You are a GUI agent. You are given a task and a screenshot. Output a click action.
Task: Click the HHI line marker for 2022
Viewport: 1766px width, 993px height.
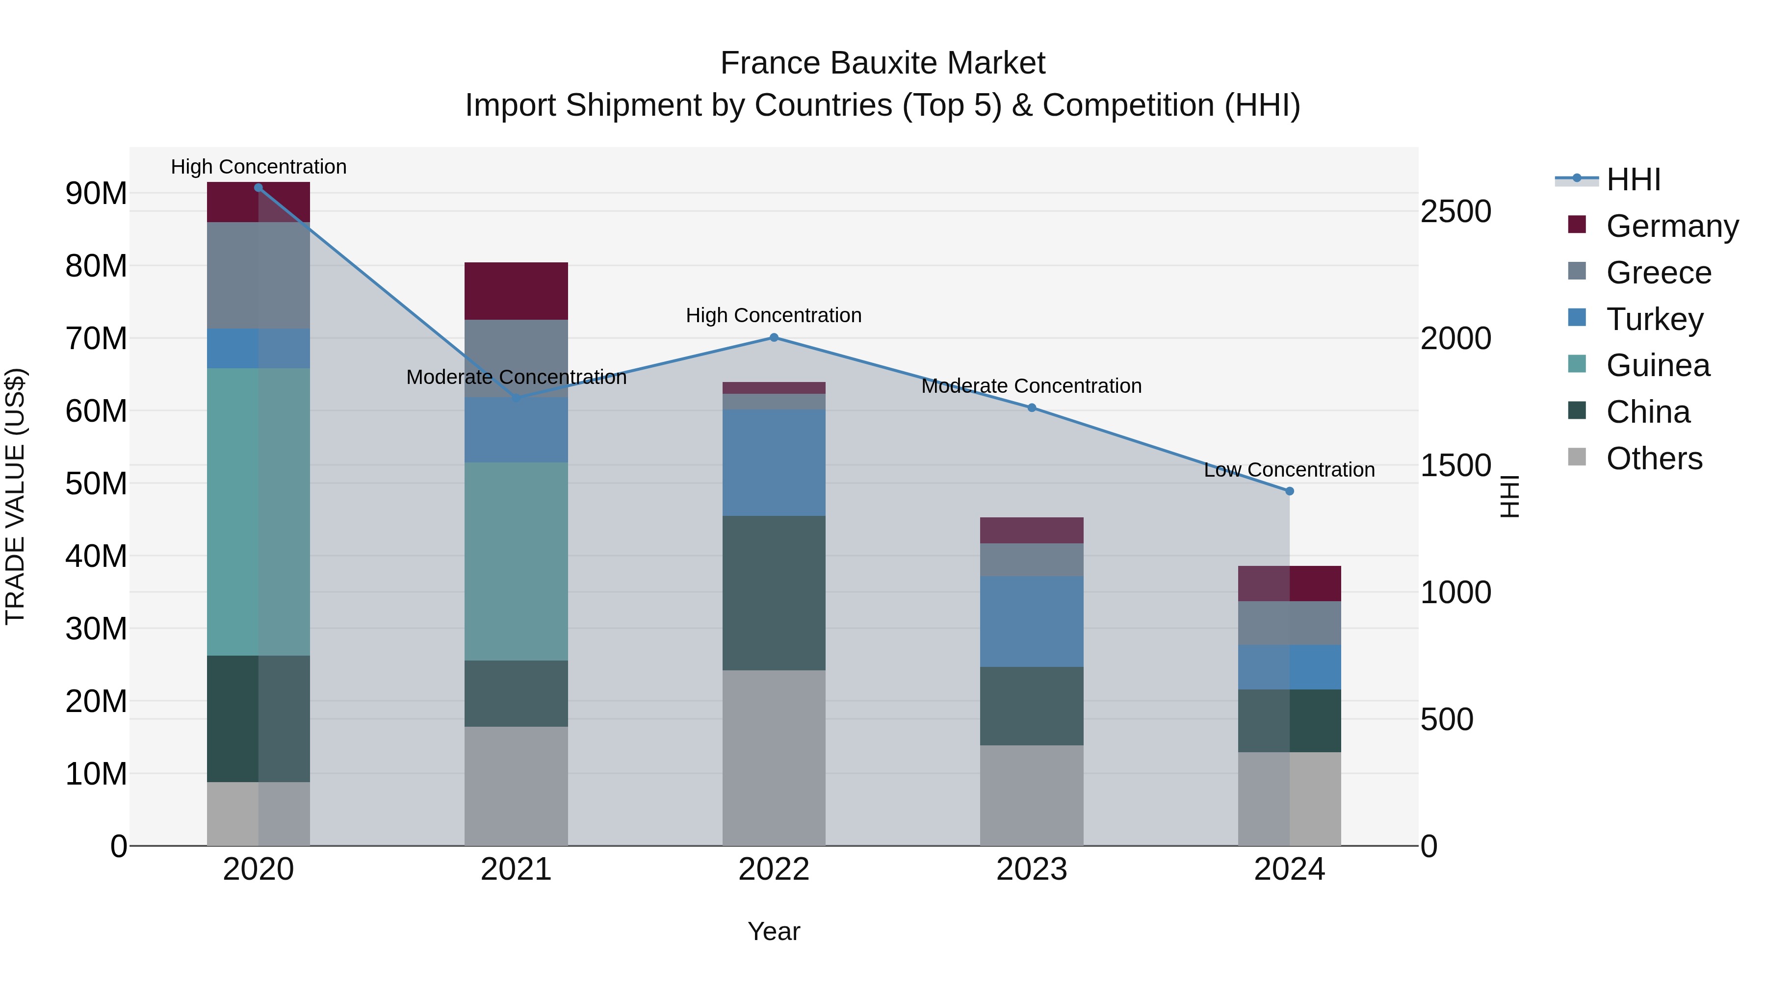click(x=774, y=337)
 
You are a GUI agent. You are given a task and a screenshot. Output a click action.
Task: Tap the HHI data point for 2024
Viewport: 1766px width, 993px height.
click(x=1290, y=491)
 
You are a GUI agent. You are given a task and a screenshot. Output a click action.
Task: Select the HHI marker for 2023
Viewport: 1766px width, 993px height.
click(x=1032, y=408)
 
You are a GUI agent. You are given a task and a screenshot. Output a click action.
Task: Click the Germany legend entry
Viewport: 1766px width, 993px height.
click(x=1671, y=226)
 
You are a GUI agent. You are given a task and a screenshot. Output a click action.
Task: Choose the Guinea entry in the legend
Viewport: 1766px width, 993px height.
click(x=1657, y=365)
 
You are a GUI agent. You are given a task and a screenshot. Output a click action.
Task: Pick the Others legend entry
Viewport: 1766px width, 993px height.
click(x=1654, y=458)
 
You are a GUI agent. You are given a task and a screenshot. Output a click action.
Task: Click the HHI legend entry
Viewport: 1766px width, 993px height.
click(x=1633, y=179)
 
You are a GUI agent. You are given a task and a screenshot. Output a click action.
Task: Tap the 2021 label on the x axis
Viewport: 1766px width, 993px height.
click(x=516, y=869)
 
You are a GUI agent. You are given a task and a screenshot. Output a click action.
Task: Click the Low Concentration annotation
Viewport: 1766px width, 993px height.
click(x=1290, y=470)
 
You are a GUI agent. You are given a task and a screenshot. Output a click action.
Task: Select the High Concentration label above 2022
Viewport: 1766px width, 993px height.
click(x=774, y=315)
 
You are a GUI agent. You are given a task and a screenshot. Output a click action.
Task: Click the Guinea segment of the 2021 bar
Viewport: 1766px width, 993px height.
click(x=516, y=561)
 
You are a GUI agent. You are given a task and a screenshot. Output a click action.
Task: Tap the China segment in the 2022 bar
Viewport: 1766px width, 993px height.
click(x=774, y=593)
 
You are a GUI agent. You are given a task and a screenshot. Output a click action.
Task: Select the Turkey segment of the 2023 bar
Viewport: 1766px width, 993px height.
click(x=1032, y=622)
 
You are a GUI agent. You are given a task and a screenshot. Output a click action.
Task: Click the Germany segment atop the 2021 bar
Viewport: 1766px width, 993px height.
click(x=516, y=291)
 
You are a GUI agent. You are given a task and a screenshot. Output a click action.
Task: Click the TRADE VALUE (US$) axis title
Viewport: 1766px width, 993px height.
click(x=16, y=496)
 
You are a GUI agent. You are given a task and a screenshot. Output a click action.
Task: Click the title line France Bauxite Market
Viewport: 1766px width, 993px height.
click(x=883, y=63)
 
